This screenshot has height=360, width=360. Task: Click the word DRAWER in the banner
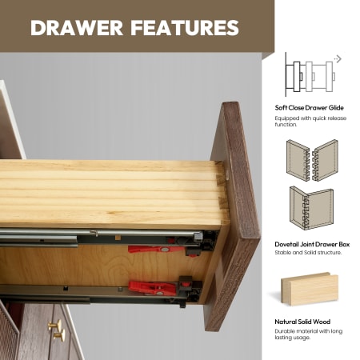tap(77, 28)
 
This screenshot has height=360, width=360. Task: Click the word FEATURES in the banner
tap(185, 28)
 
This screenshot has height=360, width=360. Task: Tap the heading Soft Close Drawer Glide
tap(309, 108)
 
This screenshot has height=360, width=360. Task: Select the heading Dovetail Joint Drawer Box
tap(312, 244)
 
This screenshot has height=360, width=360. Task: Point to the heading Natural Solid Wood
tap(302, 322)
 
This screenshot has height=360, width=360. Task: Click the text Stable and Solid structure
tap(308, 252)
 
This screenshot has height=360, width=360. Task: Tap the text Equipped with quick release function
tap(310, 121)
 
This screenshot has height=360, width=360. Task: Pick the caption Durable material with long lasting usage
tap(309, 334)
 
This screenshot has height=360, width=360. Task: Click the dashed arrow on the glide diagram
tap(338, 58)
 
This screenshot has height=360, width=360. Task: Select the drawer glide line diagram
tap(310, 75)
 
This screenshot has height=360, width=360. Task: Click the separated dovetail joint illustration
tap(312, 161)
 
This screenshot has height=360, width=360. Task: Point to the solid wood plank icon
tap(310, 289)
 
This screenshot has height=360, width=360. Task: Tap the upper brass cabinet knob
tap(54, 326)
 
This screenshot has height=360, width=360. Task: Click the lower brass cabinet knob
tap(59, 335)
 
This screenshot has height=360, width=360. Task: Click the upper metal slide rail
tap(102, 237)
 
